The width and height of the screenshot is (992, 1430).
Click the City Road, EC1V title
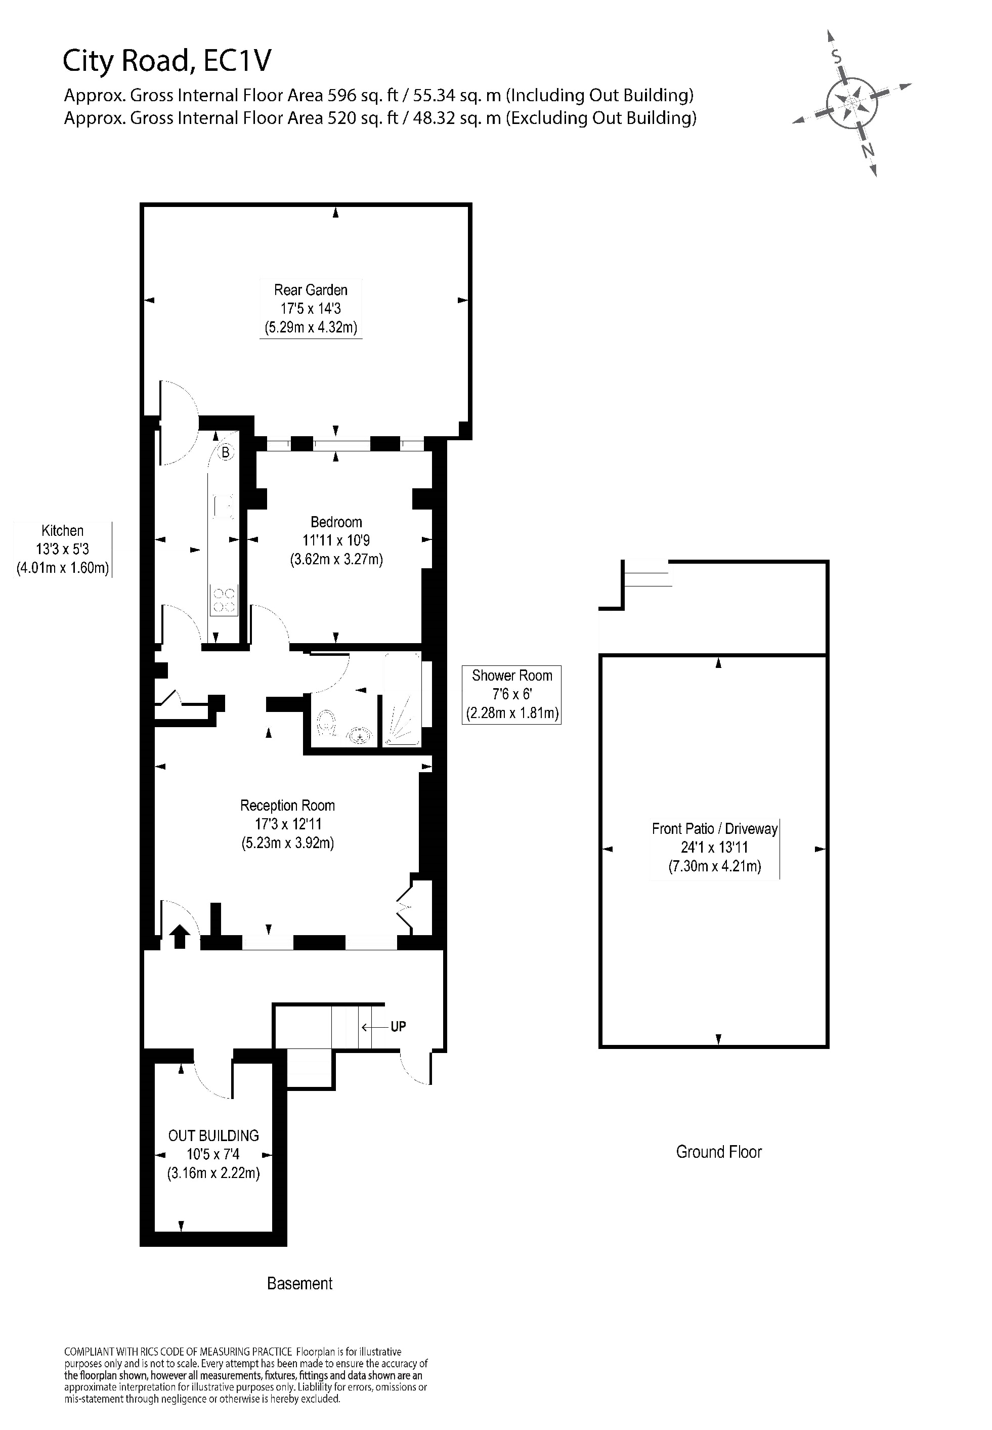click(166, 61)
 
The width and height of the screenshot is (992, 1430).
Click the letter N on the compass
click(868, 150)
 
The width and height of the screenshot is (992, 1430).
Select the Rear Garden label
click(310, 308)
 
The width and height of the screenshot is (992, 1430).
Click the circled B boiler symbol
click(226, 452)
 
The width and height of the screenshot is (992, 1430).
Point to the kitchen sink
click(223, 506)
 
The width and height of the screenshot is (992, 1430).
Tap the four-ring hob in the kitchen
click(224, 600)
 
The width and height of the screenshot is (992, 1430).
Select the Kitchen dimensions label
click(62, 549)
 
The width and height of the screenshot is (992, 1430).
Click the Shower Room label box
click(511, 694)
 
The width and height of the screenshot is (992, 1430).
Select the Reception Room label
click(287, 824)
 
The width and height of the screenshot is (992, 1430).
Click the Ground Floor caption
click(718, 1152)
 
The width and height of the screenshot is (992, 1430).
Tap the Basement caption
click(299, 1283)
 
